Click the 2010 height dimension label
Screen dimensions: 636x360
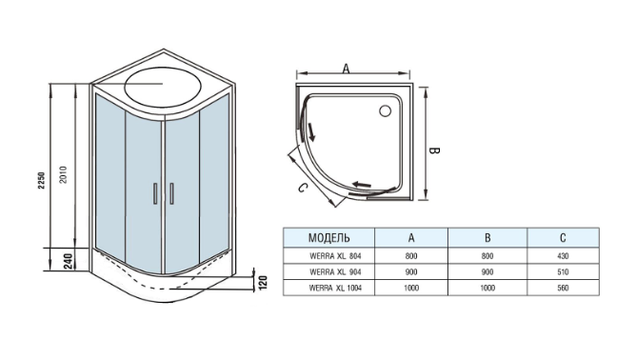click(x=64, y=174)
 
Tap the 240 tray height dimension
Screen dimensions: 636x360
click(x=68, y=261)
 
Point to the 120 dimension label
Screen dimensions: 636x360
click(x=263, y=282)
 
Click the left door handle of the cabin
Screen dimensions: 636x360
click(x=154, y=193)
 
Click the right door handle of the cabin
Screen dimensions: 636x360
click(x=171, y=193)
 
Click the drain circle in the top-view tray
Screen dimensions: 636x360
click(x=385, y=110)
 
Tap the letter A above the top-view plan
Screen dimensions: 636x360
click(x=346, y=69)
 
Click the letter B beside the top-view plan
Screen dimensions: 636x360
click(x=434, y=151)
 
